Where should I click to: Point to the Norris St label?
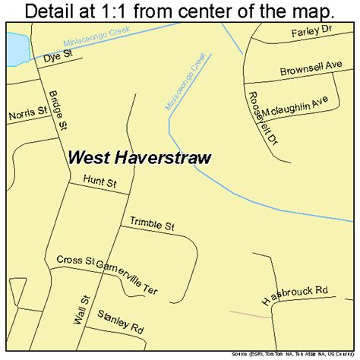point(26,115)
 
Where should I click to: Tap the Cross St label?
point(74,261)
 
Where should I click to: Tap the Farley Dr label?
point(313,34)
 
